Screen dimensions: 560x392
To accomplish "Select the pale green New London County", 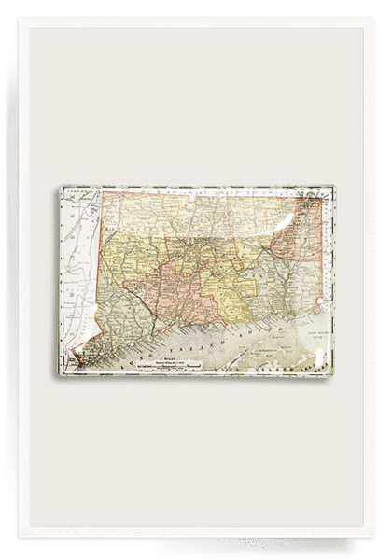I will pos(280,252).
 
